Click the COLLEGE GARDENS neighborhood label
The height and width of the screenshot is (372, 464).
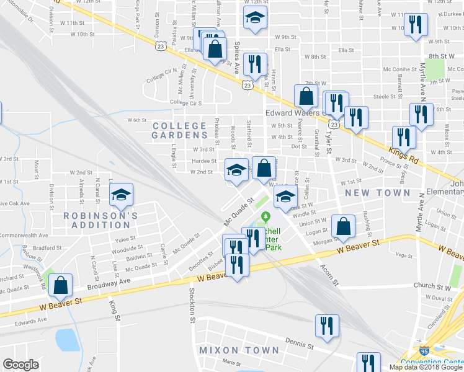pos(180,130)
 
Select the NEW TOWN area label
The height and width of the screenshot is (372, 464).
pos(378,193)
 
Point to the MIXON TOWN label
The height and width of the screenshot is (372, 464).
pos(239,350)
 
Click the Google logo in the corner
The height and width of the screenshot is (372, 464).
pos(20,364)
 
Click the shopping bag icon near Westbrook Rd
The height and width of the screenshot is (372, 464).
pos(61,285)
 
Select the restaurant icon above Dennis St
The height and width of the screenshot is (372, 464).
pos(326,325)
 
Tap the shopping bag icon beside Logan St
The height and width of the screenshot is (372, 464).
pos(343,227)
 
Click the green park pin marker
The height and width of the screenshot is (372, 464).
pos(266,217)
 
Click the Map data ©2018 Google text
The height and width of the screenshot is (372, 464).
pos(426,367)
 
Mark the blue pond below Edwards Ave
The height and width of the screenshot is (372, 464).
pos(66,340)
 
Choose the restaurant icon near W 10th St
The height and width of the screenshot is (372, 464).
pos(414,25)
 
